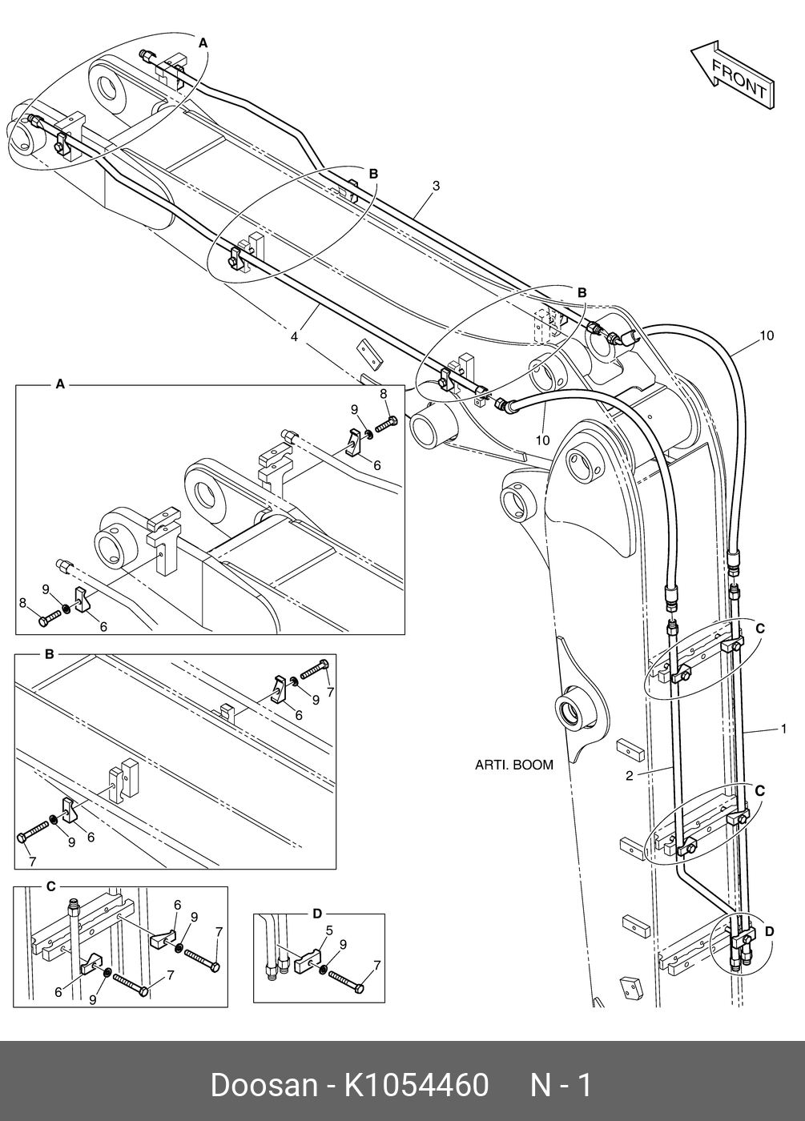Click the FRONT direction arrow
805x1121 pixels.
(732, 74)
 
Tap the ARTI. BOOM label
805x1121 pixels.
(514, 765)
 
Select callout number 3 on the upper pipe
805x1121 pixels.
(436, 186)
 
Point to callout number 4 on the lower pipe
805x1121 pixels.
(295, 337)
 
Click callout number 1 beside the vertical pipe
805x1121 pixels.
(784, 729)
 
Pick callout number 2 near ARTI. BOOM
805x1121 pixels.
(630, 776)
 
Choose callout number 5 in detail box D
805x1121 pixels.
(329, 930)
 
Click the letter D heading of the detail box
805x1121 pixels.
(317, 914)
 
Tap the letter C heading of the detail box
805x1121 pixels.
(51, 887)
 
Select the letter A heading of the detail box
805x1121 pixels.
(60, 384)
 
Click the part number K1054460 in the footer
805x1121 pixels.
(416, 1083)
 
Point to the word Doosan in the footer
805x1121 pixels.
(264, 1083)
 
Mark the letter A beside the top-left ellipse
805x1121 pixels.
(203, 43)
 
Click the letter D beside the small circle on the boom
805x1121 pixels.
(770, 931)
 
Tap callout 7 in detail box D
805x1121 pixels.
(377, 966)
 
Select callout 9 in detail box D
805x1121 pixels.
(343, 944)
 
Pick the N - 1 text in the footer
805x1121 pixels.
(561, 1083)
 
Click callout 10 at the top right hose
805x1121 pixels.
(767, 335)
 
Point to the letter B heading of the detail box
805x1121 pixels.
(49, 654)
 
